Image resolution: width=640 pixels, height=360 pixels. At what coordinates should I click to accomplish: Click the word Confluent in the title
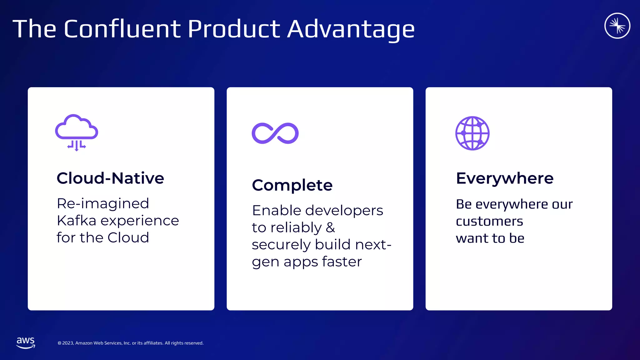coord(122,29)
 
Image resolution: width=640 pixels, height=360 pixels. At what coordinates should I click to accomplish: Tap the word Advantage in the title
coord(351,29)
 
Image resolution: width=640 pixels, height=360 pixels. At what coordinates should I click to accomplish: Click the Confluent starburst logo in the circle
coord(617,26)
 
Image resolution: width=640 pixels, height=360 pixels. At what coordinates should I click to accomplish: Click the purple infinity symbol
coord(275,133)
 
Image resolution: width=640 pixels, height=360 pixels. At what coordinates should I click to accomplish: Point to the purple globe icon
coord(472,133)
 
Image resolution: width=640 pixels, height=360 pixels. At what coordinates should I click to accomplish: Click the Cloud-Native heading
coord(110,178)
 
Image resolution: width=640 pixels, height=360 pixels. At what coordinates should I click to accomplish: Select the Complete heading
coord(292,185)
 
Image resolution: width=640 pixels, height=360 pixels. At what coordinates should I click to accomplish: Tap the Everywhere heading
coord(505,178)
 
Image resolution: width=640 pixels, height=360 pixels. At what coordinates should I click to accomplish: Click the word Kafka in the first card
coord(76,221)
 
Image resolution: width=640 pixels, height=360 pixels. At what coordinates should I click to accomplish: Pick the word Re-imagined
coord(103,204)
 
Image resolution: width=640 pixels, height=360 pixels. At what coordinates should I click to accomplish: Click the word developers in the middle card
coord(344,211)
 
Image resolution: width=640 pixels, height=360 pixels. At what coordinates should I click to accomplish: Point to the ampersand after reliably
coord(330,227)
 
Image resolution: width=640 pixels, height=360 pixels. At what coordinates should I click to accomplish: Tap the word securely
coord(281,245)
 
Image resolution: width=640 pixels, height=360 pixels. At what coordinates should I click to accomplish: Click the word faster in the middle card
coord(342,262)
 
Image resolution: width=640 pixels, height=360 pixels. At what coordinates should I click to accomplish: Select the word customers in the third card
coord(489,222)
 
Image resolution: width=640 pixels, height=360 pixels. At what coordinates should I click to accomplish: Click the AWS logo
coord(26,342)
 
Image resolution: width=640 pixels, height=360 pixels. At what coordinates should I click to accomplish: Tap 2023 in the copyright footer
coord(68,343)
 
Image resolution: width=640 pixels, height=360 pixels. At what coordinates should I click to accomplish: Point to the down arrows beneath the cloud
coord(77,146)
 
